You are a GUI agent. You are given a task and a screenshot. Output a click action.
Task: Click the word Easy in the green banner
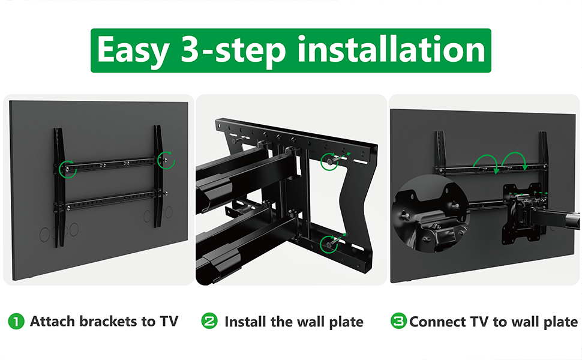click(x=133, y=51)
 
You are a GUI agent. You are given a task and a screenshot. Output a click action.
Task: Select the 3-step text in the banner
click(x=233, y=51)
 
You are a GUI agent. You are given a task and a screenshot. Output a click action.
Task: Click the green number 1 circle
click(x=16, y=322)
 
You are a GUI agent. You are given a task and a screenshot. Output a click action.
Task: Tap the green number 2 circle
click(x=209, y=321)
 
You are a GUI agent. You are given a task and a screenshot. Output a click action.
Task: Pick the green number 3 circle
click(x=398, y=321)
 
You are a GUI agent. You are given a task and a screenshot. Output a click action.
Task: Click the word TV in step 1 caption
click(x=169, y=322)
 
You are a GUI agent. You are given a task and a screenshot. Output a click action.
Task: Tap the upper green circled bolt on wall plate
click(x=329, y=161)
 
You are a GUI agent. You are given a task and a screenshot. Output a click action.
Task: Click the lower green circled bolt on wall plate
click(x=329, y=244)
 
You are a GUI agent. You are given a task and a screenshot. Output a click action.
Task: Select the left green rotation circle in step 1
click(x=67, y=169)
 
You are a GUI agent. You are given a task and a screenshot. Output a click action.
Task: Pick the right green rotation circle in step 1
click(x=166, y=160)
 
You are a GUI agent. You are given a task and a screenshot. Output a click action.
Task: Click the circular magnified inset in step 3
click(x=431, y=214)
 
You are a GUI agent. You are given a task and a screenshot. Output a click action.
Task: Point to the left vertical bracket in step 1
click(x=59, y=187)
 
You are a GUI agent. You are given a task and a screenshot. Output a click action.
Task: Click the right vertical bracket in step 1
click(x=158, y=176)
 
